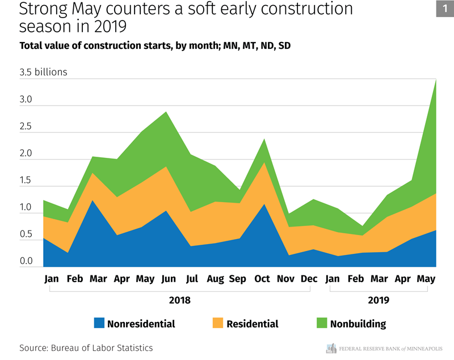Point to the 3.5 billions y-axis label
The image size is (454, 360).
(x=44, y=72)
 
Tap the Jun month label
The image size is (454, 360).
(x=169, y=279)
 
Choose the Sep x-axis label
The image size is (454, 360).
(x=238, y=279)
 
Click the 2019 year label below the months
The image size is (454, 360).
(x=379, y=299)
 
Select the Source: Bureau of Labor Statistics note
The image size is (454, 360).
(x=86, y=348)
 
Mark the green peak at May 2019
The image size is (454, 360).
(x=435, y=80)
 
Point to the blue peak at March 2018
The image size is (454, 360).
(x=93, y=201)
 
